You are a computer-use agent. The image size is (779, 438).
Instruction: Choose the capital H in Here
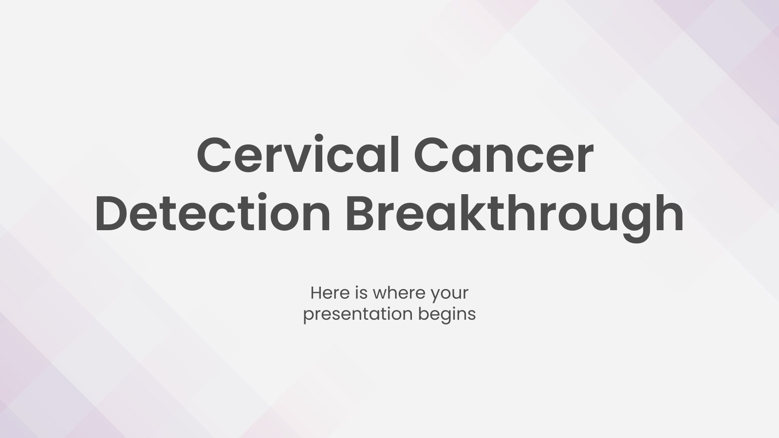[x=316, y=293]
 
